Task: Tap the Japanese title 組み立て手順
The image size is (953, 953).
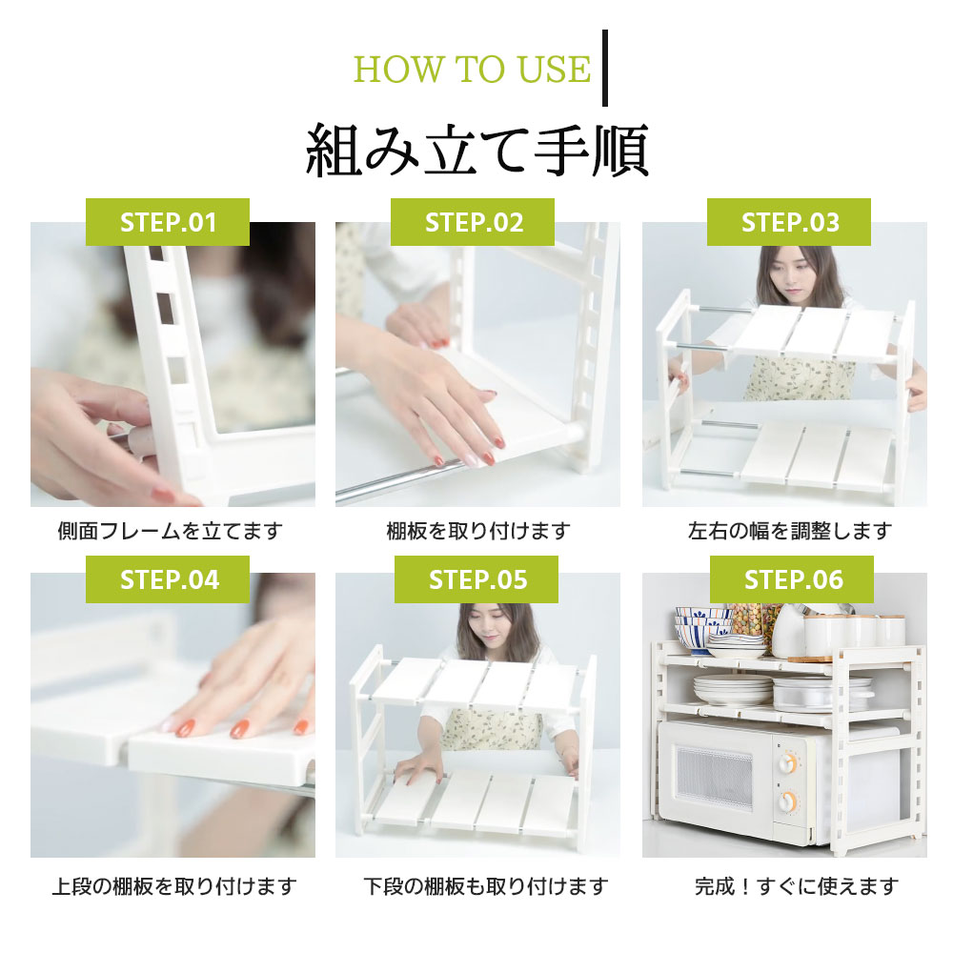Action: (477, 151)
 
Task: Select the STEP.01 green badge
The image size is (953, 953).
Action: (167, 222)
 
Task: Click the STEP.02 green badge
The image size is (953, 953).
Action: (473, 222)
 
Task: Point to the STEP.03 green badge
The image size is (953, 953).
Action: (788, 222)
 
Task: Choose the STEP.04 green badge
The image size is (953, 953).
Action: (167, 579)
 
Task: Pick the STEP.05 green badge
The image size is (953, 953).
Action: (476, 579)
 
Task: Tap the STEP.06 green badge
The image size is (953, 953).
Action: (791, 579)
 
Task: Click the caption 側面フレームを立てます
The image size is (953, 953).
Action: (171, 531)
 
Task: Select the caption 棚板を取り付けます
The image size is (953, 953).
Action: (478, 531)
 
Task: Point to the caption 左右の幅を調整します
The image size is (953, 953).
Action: (789, 531)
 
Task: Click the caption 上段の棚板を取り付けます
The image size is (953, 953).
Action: (174, 886)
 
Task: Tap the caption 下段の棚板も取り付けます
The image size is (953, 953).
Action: (486, 886)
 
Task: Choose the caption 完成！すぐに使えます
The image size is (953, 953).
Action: (796, 886)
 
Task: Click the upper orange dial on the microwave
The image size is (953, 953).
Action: (788, 762)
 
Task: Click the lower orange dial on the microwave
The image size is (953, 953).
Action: (788, 801)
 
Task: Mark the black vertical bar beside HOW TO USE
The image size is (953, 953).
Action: (605, 68)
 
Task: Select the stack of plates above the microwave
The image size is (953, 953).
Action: (732, 689)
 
